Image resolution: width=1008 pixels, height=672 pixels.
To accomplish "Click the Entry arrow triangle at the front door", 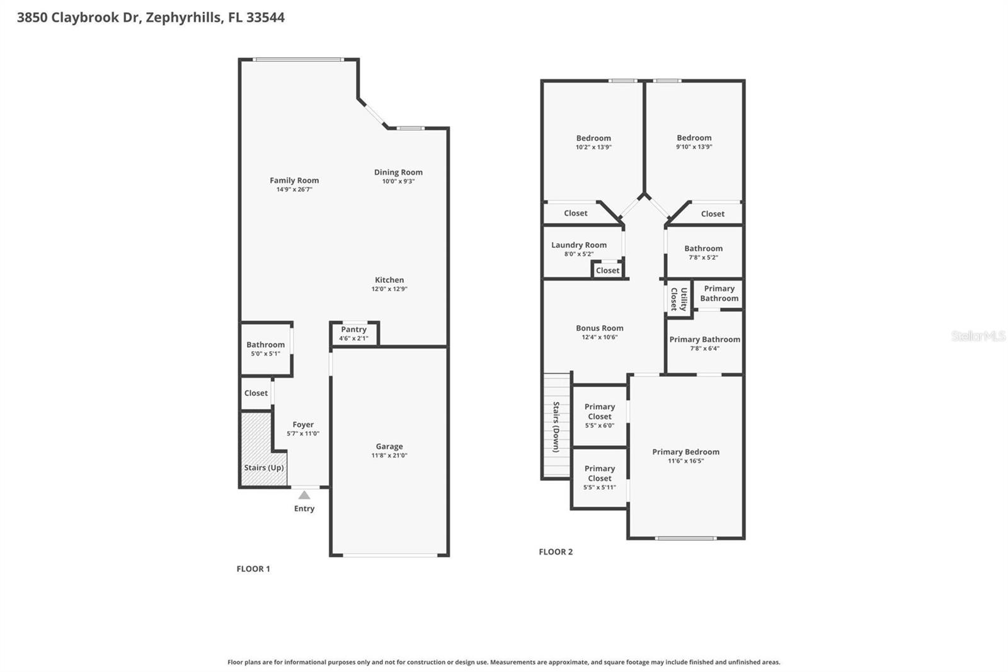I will (x=304, y=495).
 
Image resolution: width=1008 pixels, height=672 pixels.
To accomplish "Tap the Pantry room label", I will (x=353, y=329).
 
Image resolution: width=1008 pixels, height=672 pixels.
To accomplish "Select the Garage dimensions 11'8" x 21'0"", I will (x=389, y=455).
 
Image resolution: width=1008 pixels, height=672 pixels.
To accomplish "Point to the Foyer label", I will (x=303, y=424).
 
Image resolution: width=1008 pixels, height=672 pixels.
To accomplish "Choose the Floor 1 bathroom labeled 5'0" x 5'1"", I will (x=265, y=349).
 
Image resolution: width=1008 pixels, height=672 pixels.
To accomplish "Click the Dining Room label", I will (x=398, y=172).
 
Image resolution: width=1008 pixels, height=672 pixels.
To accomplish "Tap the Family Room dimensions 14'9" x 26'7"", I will (x=294, y=189).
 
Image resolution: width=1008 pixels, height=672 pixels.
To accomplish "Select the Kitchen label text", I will (x=389, y=280).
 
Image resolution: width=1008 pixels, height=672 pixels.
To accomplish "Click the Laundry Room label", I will (x=579, y=245).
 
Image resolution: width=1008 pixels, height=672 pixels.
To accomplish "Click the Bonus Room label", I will (x=600, y=328).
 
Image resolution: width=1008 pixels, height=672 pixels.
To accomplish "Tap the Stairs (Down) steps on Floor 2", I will (x=556, y=426).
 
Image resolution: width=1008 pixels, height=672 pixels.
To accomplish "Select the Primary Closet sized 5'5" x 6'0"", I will (x=600, y=415).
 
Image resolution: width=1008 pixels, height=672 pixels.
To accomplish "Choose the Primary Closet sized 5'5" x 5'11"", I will (x=600, y=477).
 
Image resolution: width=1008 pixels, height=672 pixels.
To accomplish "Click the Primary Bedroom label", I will (x=685, y=451).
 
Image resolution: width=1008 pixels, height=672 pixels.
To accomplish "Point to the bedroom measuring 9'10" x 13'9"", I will (x=694, y=142).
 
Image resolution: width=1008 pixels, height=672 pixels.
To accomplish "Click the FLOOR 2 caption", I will (x=556, y=552).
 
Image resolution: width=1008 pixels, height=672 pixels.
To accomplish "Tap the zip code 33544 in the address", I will (x=265, y=17).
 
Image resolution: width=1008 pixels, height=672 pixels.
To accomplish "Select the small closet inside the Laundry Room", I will (x=607, y=270).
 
